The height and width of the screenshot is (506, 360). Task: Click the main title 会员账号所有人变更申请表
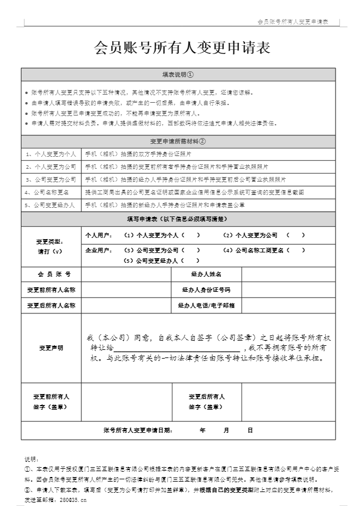point(181,48)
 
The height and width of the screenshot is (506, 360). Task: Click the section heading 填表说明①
point(178,75)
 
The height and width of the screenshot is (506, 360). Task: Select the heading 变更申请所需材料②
point(178,141)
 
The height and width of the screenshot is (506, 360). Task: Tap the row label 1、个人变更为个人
point(51,154)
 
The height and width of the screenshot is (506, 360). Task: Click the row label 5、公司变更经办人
point(51,205)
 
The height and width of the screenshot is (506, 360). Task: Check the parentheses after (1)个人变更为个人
point(191,235)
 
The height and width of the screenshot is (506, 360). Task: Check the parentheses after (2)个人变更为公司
point(295,235)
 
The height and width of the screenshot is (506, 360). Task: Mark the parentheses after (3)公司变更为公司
point(191,250)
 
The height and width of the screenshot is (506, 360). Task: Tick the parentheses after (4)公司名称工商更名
point(296,250)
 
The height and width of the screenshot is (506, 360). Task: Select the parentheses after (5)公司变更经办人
point(191,261)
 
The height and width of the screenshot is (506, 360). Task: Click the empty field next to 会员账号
point(126,274)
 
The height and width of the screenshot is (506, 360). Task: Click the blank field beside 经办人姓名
point(288,274)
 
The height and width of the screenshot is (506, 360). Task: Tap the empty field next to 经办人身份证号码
point(288,289)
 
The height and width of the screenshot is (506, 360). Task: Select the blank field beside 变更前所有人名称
point(126,289)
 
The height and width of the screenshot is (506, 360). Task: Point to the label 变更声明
point(51,348)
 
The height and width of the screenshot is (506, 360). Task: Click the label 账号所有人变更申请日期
point(138,430)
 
